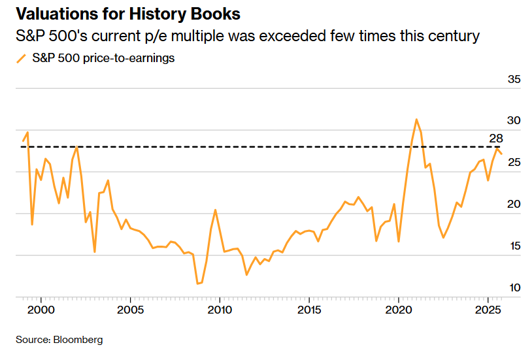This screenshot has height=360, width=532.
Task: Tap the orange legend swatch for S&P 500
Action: tap(21, 58)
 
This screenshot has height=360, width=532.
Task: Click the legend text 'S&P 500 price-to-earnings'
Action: tap(103, 58)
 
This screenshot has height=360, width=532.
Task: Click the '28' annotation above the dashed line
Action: tap(495, 138)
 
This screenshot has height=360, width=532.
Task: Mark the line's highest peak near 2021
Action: tap(416, 120)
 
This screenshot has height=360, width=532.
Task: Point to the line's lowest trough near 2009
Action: tap(197, 284)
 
